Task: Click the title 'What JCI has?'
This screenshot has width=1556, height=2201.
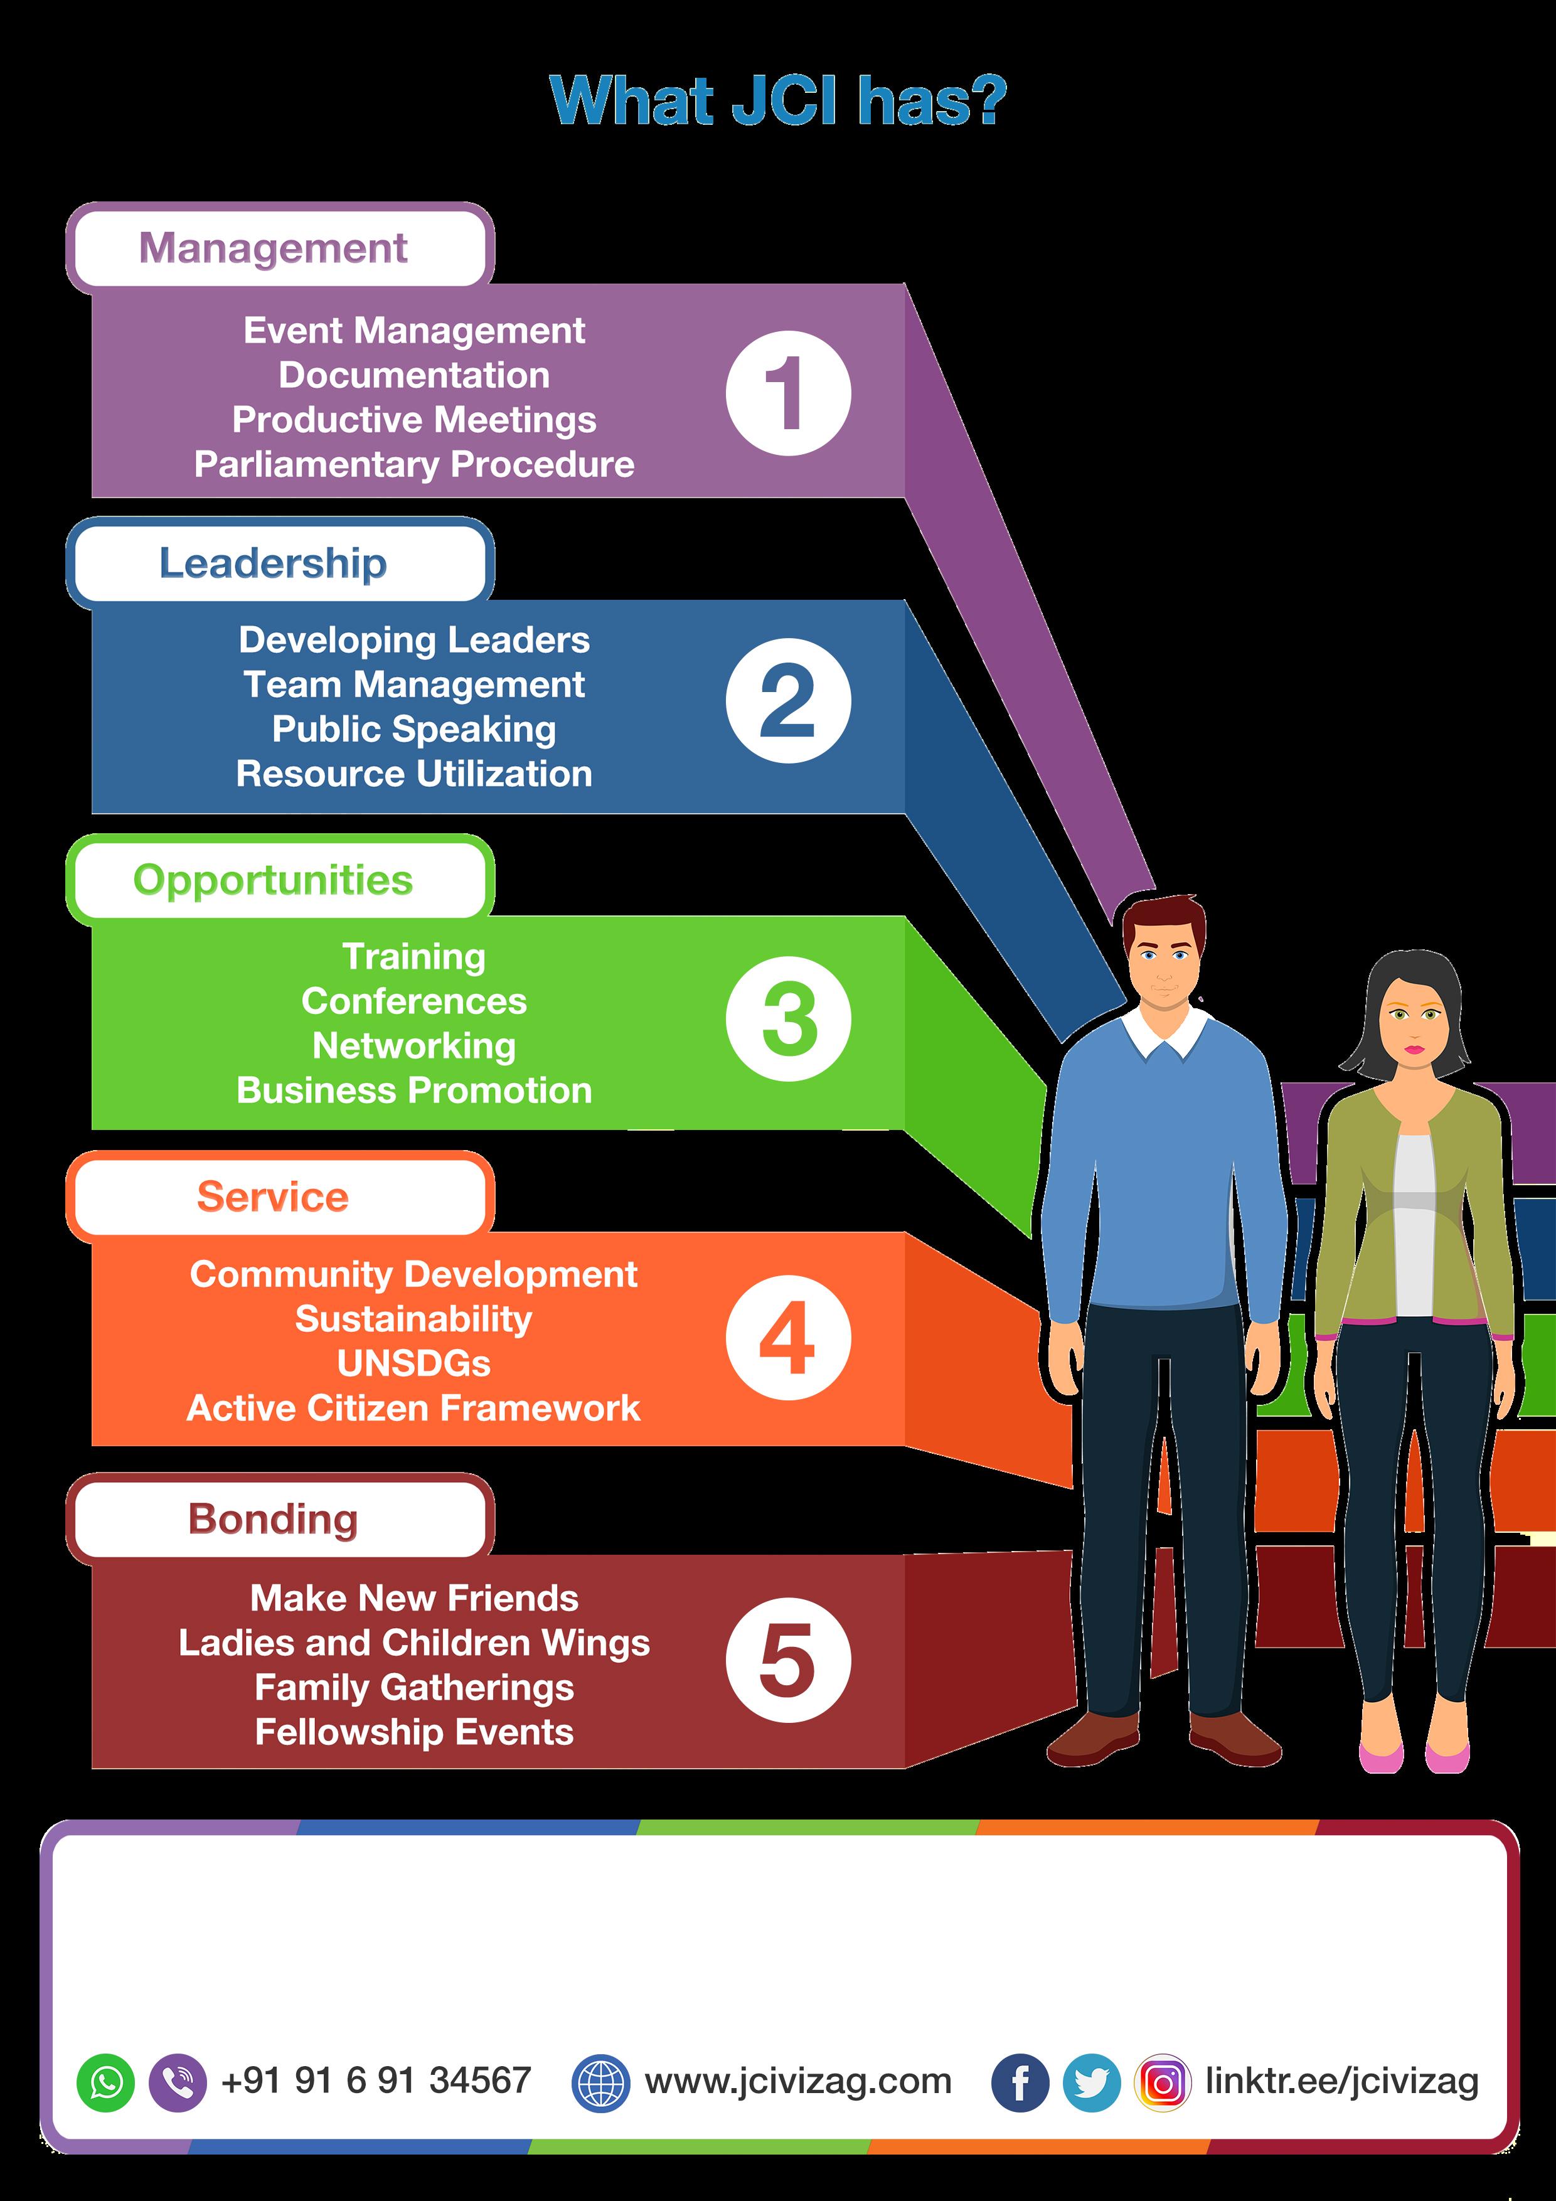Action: [x=777, y=100]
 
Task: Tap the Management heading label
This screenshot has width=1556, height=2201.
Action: [x=273, y=248]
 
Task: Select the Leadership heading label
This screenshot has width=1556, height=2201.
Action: [x=273, y=563]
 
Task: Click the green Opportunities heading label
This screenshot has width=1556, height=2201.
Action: [x=273, y=880]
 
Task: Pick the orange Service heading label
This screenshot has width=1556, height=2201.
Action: [x=273, y=1196]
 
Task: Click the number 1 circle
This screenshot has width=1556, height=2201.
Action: [x=788, y=393]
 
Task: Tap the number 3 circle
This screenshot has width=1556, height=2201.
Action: [x=788, y=1019]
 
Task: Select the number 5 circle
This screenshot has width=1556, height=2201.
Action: [x=788, y=1660]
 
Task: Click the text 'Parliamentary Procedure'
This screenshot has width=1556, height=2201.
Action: [x=414, y=464]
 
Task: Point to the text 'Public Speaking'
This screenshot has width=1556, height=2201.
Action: [x=414, y=730]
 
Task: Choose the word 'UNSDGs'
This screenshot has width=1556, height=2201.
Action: [x=414, y=1363]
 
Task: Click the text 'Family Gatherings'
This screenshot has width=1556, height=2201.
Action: [x=414, y=1687]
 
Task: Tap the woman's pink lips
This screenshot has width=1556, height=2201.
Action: [x=1415, y=1050]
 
